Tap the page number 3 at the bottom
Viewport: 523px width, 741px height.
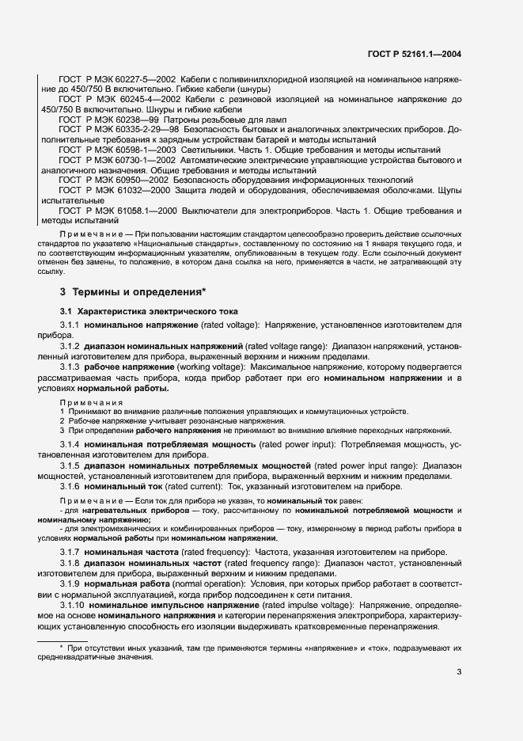click(x=459, y=673)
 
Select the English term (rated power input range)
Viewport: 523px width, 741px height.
click(x=338, y=465)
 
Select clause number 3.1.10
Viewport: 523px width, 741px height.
click(x=73, y=605)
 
